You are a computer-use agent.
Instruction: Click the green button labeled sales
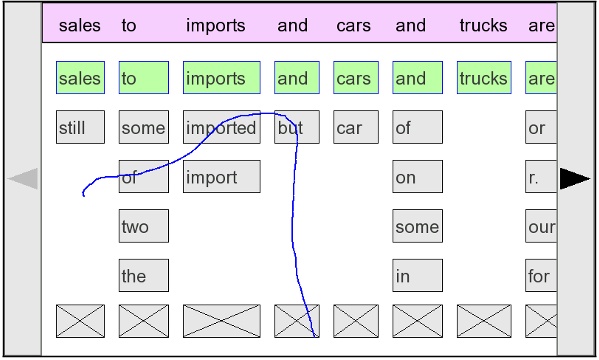[80, 78]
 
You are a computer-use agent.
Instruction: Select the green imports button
[221, 78]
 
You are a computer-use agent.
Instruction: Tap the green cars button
[356, 78]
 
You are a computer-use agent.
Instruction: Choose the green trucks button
[483, 78]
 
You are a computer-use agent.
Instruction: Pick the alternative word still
[80, 128]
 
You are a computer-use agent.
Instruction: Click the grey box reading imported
[221, 128]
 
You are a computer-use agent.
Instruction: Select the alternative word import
[221, 177]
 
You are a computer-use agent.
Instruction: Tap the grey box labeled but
[296, 128]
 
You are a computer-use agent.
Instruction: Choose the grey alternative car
[356, 128]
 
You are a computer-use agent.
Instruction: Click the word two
[143, 227]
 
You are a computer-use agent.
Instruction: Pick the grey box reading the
[143, 276]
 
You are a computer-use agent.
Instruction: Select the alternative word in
[417, 276]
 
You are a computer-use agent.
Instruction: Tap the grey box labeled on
[417, 177]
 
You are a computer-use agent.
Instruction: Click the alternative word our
[541, 227]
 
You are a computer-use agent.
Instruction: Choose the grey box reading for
[541, 276]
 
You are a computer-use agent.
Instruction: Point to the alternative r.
[541, 177]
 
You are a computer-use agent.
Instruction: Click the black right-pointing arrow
[575, 179]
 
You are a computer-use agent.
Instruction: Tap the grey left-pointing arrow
[23, 179]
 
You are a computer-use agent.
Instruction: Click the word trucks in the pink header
[483, 26]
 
